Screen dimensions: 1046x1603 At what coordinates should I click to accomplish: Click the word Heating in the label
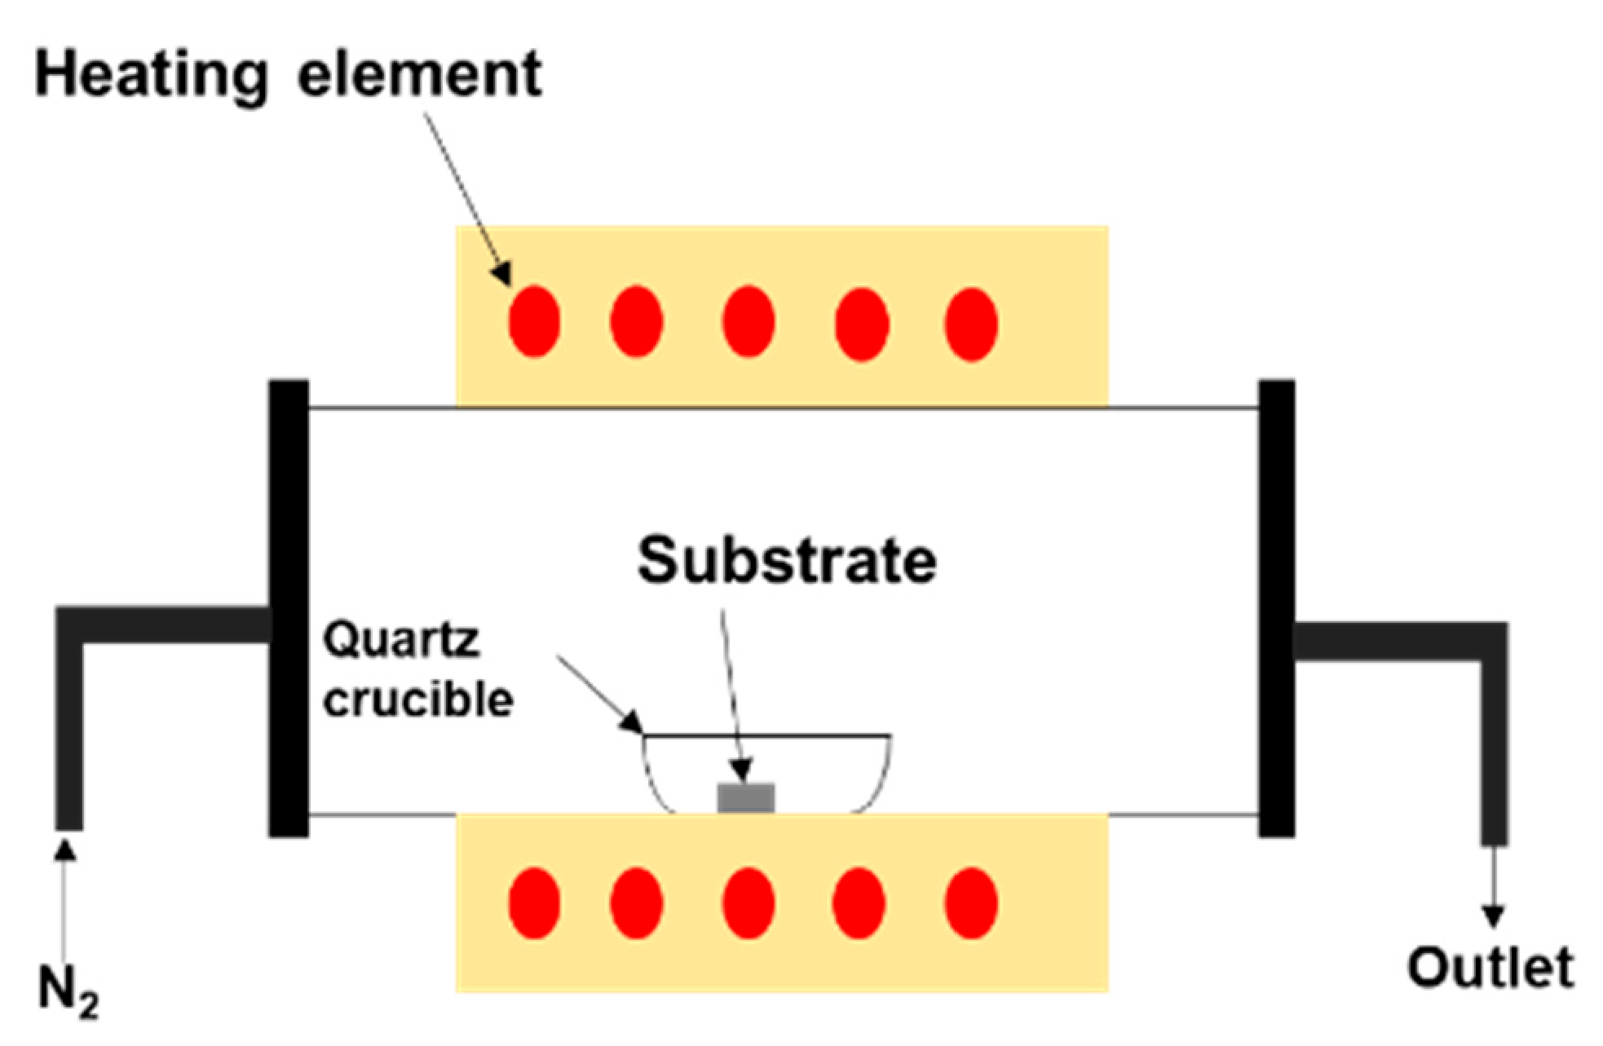151,75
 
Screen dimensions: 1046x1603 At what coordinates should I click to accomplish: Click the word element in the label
419,75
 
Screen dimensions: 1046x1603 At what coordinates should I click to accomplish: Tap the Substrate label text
786,560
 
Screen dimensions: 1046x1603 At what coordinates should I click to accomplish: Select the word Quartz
400,640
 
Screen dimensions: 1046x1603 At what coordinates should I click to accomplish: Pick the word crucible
417,700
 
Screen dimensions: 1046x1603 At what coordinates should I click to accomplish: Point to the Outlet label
1490,968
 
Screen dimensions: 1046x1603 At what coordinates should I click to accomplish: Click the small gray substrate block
745,797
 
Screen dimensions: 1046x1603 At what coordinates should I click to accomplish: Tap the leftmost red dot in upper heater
534,321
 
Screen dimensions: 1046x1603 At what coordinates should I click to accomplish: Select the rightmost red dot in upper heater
970,324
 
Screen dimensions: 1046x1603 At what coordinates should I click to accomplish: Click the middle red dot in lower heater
748,903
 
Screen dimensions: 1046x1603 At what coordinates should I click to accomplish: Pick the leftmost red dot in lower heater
534,903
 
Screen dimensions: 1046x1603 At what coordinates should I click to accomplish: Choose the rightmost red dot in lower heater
970,903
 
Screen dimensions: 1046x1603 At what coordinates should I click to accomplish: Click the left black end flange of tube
289,607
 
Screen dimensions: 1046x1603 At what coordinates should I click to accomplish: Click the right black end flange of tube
1276,607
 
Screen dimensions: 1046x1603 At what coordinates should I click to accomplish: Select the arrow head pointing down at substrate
740,769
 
